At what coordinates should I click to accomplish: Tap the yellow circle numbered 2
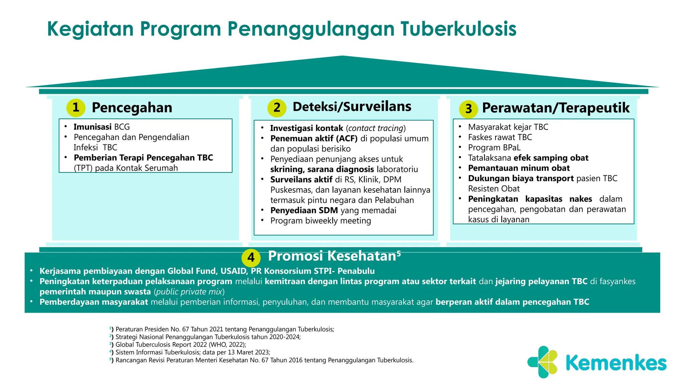pos(277,108)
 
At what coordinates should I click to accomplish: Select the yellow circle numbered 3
pos(468,109)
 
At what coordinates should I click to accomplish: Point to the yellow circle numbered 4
pos(251,258)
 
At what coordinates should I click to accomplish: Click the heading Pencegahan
pos(132,108)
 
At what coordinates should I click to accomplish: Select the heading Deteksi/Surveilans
pos(352,107)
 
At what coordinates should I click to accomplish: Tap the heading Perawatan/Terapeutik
pos(555,108)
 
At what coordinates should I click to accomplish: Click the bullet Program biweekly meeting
pos(321,221)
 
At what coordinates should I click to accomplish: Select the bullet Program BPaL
pos(494,148)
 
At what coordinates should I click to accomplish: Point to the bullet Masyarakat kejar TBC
pos(508,127)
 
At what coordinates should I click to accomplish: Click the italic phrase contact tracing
pos(375,128)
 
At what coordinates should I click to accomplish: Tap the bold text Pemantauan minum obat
pos(519,168)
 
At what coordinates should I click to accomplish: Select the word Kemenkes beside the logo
pos(616,363)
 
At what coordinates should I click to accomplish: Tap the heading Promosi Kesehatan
pos(332,256)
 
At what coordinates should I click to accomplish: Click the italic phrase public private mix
pos(189,292)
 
